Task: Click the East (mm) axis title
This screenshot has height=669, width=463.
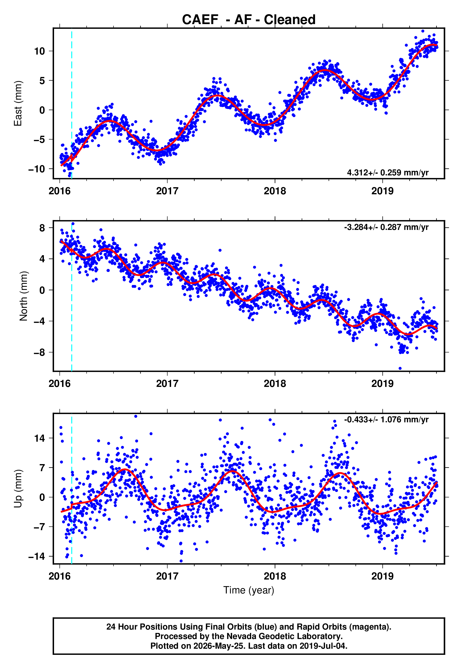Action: pyautogui.click(x=18, y=103)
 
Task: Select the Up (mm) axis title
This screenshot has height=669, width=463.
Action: pyautogui.click(x=18, y=489)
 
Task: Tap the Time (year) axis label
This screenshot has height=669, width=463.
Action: pyautogui.click(x=249, y=590)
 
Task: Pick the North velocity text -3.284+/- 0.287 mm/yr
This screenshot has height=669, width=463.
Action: pyautogui.click(x=386, y=227)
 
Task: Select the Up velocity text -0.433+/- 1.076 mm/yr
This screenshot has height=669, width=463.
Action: pyautogui.click(x=386, y=419)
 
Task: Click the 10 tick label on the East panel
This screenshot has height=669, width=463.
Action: pyautogui.click(x=39, y=51)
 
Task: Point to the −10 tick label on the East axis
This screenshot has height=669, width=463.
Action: pyautogui.click(x=37, y=169)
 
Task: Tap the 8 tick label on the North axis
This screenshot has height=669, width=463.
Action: pyautogui.click(x=42, y=228)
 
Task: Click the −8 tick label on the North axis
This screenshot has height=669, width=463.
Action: pyautogui.click(x=39, y=352)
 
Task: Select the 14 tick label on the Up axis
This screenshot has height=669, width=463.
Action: pyautogui.click(x=39, y=438)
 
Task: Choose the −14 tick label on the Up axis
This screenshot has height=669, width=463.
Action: pyautogui.click(x=37, y=556)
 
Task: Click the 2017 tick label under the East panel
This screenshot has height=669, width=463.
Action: pyautogui.click(x=167, y=191)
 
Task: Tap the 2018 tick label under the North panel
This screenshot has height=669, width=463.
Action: pyautogui.click(x=275, y=384)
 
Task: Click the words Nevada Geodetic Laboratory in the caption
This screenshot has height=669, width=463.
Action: pyautogui.click(x=284, y=636)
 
